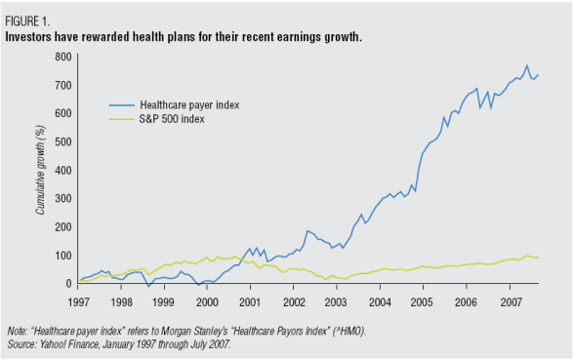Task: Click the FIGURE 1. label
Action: pos(28,20)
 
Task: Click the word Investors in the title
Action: pos(32,37)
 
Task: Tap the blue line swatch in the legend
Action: pos(121,103)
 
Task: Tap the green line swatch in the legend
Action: pos(121,120)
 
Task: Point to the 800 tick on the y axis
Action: pos(62,57)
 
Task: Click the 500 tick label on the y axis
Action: pos(62,142)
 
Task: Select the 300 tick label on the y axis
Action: pos(62,199)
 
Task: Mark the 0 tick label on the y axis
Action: pos(68,284)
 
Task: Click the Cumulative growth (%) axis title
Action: pos(41,172)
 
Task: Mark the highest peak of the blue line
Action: pos(527,65)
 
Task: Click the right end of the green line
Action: pos(538,258)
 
